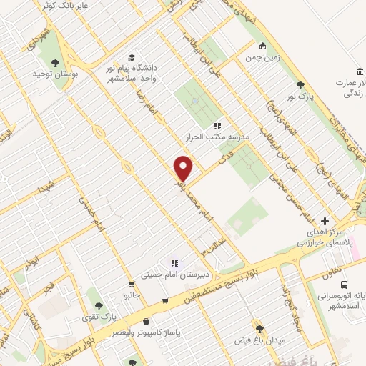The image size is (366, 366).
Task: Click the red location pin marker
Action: coord(184,169)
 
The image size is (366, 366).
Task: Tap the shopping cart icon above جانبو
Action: coord(130,284)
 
